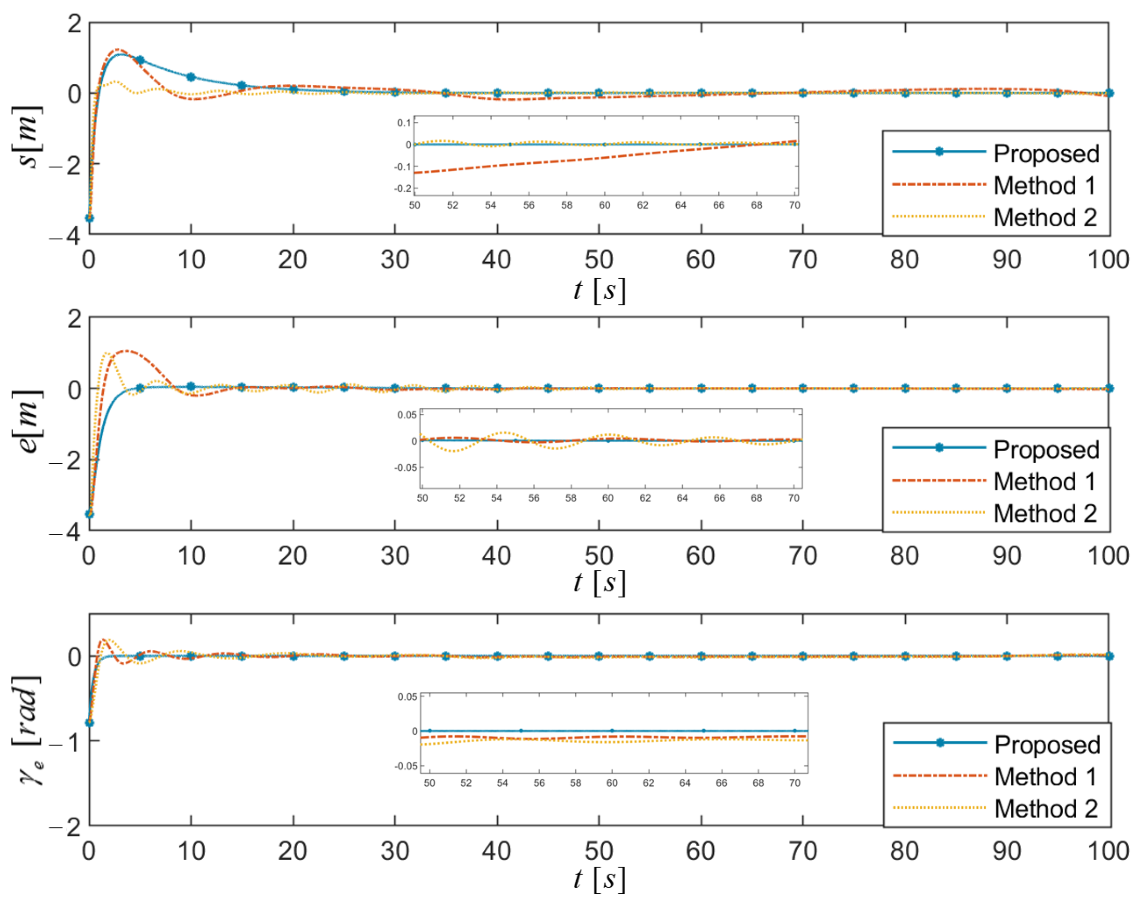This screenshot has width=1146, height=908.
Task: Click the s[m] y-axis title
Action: click(x=27, y=137)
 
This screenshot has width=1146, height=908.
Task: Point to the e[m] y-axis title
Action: click(x=27, y=421)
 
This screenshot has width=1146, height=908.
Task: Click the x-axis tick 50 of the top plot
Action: click(x=599, y=260)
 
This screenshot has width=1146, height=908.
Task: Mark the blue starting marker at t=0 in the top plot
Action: click(x=89, y=218)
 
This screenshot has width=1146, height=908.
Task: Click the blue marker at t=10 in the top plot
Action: click(x=191, y=77)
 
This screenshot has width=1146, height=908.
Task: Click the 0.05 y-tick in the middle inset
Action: click(x=407, y=414)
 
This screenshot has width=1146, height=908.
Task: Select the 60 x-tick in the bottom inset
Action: click(x=612, y=783)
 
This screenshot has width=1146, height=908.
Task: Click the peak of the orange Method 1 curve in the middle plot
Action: click(x=126, y=351)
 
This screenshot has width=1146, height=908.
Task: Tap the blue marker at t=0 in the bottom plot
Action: click(x=89, y=723)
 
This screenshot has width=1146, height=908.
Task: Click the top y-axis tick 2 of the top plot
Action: click(x=74, y=23)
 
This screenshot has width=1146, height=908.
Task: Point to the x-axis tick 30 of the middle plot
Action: click(x=394, y=556)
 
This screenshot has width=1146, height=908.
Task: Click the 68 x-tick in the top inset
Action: click(x=756, y=205)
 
